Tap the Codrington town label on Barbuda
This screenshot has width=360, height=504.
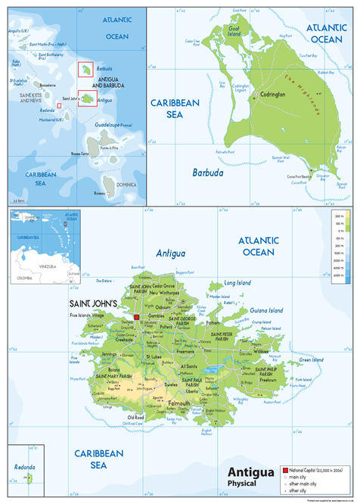[x=272, y=95]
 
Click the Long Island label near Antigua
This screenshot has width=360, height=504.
[x=237, y=283]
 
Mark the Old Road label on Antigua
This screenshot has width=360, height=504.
[x=135, y=416]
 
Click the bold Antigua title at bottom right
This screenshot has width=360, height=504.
[x=249, y=473]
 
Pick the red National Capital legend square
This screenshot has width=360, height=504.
[x=285, y=470]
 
